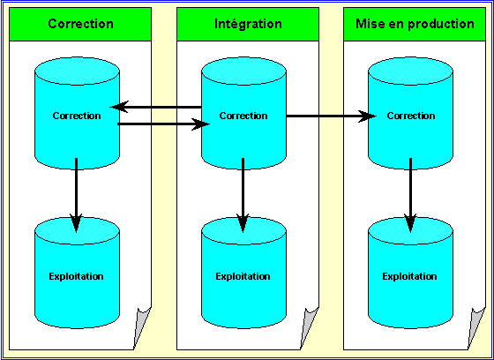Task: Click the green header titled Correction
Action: (80, 25)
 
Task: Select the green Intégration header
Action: (248, 25)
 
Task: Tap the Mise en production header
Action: (415, 25)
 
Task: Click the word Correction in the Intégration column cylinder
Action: (243, 116)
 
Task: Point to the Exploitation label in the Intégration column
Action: (243, 276)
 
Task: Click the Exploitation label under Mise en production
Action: (409, 276)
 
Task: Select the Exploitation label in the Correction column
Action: (76, 276)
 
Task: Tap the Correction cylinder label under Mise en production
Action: (411, 116)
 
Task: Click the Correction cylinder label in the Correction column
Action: (77, 116)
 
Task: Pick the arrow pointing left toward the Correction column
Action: (156, 107)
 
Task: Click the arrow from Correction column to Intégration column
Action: (163, 124)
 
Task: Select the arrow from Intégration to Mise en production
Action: (331, 116)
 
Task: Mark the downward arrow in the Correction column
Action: (76, 195)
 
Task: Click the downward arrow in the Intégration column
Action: (243, 195)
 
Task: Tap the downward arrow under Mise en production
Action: (410, 195)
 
